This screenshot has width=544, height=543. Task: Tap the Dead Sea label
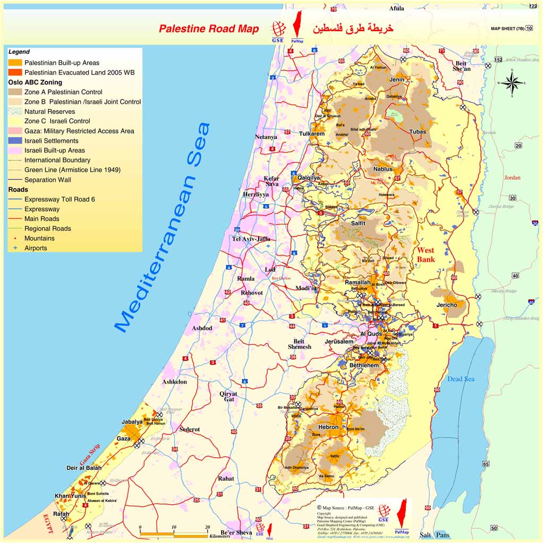pos(460,379)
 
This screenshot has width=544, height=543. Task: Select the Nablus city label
pos(382,169)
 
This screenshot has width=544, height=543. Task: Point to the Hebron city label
pos(328,427)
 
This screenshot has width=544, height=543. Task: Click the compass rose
pos(512,83)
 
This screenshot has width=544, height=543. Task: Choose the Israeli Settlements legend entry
pos(51,141)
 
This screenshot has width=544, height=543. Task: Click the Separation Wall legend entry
pos(48,180)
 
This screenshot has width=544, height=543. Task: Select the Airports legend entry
pos(36,248)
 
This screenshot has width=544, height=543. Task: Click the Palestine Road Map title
pos(209,29)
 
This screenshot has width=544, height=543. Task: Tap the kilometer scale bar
pos(174,532)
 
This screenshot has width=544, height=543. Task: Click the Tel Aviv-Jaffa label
pos(251,239)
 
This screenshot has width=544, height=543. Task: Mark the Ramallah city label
pos(358,282)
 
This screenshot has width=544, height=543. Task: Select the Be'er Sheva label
pos(236,532)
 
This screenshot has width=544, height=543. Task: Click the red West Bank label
pos(426,255)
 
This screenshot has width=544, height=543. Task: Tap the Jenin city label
pos(397,80)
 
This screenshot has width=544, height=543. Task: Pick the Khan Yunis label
pos(70,496)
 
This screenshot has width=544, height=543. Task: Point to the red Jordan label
pos(512,178)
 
